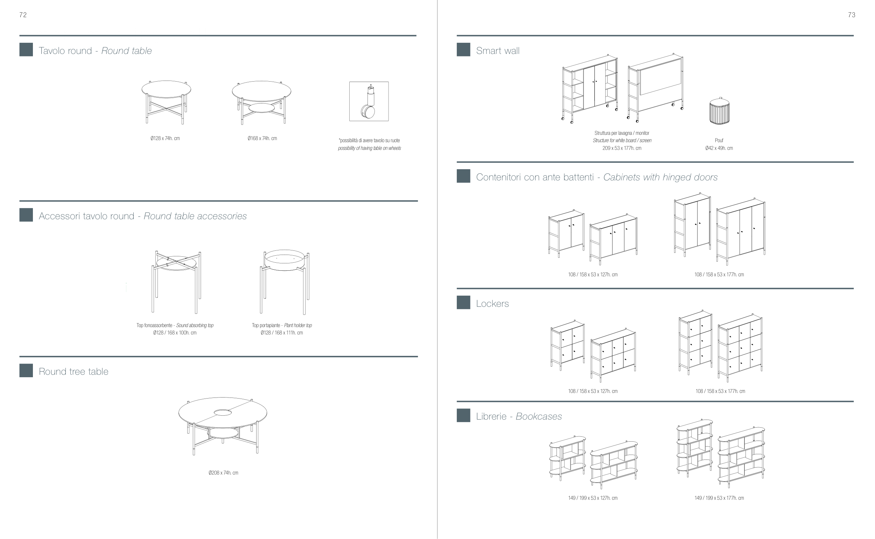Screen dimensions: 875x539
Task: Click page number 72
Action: coord(23,15)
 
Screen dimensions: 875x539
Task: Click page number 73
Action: coord(852,15)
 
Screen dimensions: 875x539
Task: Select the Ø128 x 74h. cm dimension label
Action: coord(165,138)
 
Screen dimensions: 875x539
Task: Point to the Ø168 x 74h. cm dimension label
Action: coord(262,138)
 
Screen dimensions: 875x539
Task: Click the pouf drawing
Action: coord(719,111)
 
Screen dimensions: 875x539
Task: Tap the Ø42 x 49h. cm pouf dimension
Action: coord(719,148)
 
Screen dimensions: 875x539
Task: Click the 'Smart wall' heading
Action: coord(498,51)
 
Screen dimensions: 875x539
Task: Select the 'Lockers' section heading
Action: coord(492,303)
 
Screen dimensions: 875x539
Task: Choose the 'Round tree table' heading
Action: coord(73,372)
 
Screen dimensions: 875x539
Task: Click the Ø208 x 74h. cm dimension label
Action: coord(223,473)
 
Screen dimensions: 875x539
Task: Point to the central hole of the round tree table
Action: coord(223,413)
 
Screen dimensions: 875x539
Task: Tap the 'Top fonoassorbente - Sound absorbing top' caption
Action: coord(175,325)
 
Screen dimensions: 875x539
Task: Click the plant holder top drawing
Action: coord(285,282)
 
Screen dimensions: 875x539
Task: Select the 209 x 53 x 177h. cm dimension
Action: coord(622,148)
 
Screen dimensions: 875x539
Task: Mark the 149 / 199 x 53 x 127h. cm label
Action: coord(593,498)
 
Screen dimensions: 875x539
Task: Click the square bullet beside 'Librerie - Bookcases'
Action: coord(463,415)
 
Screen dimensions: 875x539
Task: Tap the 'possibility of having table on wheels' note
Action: coord(370,148)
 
